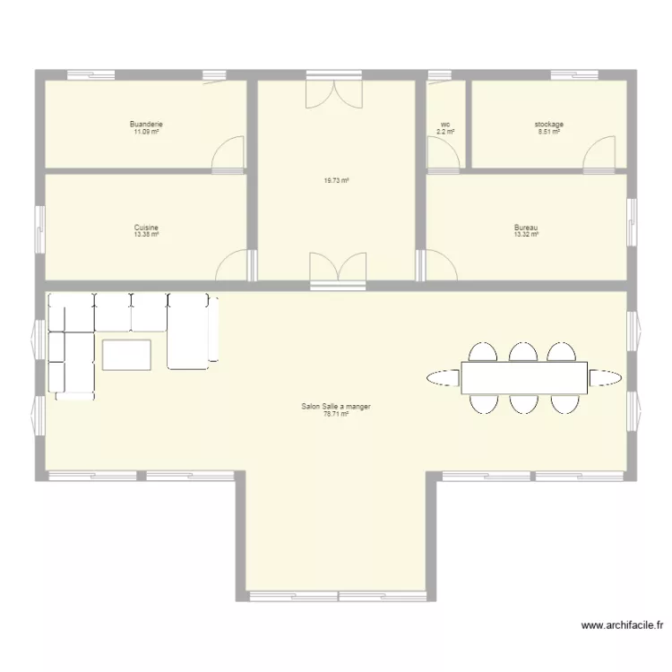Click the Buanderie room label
[146, 125]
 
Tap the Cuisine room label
[146, 228]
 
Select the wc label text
[445, 125]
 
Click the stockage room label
[548, 125]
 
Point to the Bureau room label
[526, 228]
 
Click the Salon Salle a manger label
[336, 407]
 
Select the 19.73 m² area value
[336, 180]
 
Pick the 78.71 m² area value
[336, 414]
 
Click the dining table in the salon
[525, 377]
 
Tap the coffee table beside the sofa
[127, 354]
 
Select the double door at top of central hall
[336, 93]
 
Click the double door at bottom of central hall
[337, 266]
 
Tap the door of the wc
[442, 154]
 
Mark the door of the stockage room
[599, 153]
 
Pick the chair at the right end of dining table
[607, 377]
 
